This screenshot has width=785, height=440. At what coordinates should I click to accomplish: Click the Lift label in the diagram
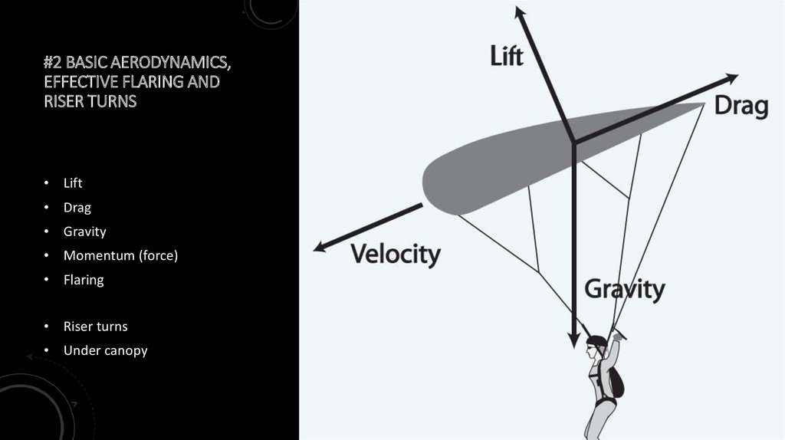[507, 56]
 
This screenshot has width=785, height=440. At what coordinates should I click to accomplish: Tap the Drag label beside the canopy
[741, 106]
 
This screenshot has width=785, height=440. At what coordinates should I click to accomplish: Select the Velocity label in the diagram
[396, 254]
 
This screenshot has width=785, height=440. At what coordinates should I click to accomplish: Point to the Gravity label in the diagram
[624, 290]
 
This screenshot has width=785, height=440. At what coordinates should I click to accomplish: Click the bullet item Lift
[73, 183]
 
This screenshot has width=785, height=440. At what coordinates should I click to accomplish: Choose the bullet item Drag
[77, 207]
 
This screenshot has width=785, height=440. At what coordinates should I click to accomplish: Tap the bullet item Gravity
[84, 231]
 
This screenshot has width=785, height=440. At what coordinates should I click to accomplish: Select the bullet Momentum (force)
[120, 255]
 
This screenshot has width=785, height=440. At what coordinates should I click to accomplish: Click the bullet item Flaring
[84, 280]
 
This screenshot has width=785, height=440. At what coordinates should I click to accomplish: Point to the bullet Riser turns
[95, 327]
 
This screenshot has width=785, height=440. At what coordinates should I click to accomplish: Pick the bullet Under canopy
[105, 350]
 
